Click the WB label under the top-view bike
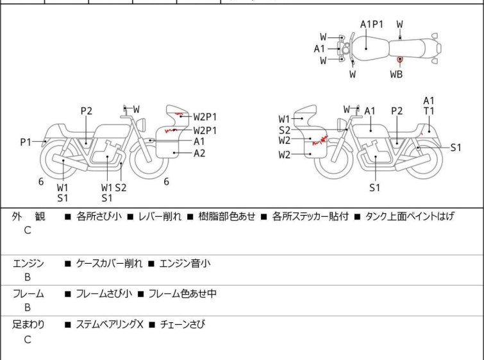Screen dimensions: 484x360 click(x=396, y=74)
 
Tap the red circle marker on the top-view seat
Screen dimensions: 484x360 click(x=400, y=59)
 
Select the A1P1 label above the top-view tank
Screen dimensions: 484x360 click(x=372, y=24)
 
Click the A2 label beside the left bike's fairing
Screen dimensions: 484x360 click(x=199, y=153)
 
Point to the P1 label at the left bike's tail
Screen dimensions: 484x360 click(x=26, y=142)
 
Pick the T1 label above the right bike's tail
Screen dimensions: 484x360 click(x=429, y=110)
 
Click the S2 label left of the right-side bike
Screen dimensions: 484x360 click(x=284, y=130)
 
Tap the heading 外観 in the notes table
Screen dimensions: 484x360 click(x=28, y=216)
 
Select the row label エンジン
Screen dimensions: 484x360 click(x=28, y=264)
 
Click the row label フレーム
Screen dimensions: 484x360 click(x=28, y=294)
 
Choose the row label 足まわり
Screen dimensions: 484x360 click(x=28, y=325)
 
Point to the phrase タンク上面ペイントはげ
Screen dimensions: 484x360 click(x=410, y=216)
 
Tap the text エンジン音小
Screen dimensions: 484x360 click(x=185, y=264)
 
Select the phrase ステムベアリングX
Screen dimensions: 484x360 click(x=110, y=325)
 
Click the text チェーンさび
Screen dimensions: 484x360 click(x=183, y=325)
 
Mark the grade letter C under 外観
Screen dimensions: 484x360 click(x=28, y=230)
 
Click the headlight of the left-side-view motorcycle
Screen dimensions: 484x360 click(x=142, y=124)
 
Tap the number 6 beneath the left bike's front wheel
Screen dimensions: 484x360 click(x=167, y=182)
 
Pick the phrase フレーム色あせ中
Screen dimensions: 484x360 click(x=183, y=294)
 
